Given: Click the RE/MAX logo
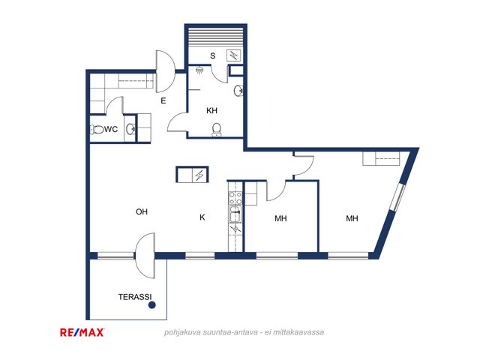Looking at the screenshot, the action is coord(82,332).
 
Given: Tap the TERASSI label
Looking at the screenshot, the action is coord(135,297).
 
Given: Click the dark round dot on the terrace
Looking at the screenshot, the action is coord(151,305).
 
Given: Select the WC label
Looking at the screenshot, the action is coord(111,129).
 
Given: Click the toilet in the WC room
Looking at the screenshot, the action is coord(97,130).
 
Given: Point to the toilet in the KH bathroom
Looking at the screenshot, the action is coord(217,130).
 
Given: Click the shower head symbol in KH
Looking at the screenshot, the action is coord(200,70).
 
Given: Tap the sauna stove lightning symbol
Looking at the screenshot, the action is coord(234,55).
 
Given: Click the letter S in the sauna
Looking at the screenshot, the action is coord(213,55).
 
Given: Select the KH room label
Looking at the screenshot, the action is coord(211,110).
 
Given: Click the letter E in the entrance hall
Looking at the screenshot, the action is coord(163,100).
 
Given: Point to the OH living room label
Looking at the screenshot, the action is coord(142,211).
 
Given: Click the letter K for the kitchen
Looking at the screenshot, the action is coord(202,217).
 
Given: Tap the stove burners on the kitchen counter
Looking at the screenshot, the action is coord(235,198).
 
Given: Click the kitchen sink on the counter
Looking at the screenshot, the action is coord(235,214).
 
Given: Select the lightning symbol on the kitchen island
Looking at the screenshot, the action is coord(199,175).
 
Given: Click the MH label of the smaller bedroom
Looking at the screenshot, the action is coord(280,218).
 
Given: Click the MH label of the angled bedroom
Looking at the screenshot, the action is coord(352,218).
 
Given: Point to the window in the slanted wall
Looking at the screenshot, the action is coord(398,197).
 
